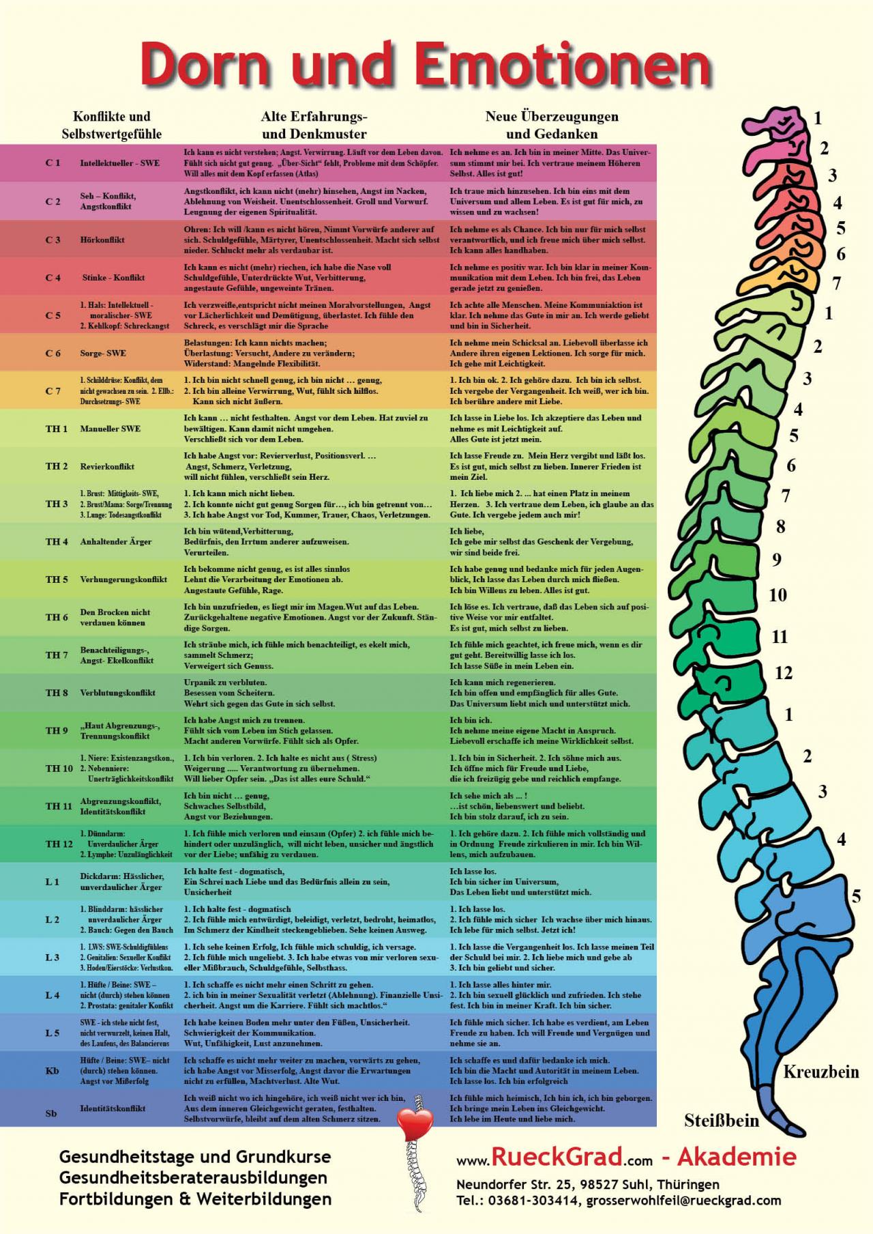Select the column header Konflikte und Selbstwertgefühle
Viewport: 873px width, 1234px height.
112,125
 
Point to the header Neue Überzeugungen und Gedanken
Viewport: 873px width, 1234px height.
552,125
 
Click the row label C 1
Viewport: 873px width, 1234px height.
53,163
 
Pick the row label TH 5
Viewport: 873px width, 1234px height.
57,579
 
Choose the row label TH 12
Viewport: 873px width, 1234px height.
59,844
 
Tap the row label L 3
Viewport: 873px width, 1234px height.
53,958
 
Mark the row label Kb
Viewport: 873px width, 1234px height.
53,1071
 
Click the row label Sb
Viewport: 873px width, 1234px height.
52,1113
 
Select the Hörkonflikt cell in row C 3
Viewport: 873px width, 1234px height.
102,240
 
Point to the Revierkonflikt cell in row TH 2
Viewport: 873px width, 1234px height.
107,467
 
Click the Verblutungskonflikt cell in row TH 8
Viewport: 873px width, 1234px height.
118,693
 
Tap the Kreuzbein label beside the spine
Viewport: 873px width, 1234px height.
820,1072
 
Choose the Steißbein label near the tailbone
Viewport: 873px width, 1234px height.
722,1121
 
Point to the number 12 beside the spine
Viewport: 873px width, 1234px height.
784,673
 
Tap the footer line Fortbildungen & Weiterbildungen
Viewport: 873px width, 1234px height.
195,1199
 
